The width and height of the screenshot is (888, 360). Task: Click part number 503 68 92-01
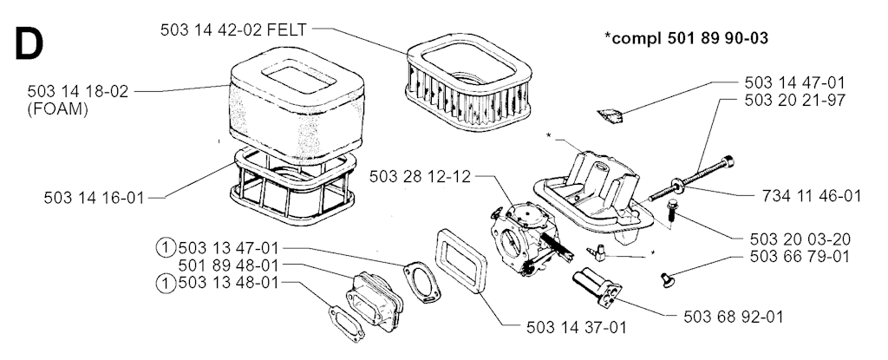[725, 315]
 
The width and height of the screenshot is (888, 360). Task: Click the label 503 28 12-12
[419, 177]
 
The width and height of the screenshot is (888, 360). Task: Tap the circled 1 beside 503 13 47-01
[165, 247]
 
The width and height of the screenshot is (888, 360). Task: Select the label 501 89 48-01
[228, 265]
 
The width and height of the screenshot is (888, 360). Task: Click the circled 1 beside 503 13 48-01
[165, 283]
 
